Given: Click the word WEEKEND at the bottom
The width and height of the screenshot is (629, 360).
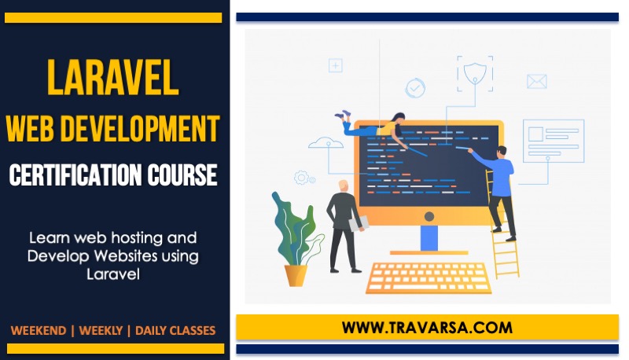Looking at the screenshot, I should click(38, 330).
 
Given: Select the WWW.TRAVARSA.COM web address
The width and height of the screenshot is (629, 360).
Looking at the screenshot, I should click(427, 326).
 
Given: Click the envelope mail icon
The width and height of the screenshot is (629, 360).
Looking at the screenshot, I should click(536, 81).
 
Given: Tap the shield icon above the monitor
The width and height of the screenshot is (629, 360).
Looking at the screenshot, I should click(474, 73).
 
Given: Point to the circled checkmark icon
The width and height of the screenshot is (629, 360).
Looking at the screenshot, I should click(415, 88).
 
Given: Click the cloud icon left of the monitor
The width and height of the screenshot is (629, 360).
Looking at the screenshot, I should click(326, 143).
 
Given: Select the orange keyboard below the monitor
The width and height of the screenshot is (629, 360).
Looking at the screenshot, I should click(429, 277).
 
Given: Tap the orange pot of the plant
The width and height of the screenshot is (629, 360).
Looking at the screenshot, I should click(296, 274).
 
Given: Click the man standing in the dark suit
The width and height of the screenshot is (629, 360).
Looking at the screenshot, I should click(344, 224).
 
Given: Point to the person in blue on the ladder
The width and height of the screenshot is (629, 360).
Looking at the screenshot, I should click(500, 185).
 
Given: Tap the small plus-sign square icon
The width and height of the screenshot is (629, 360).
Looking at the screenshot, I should click(336, 66).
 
